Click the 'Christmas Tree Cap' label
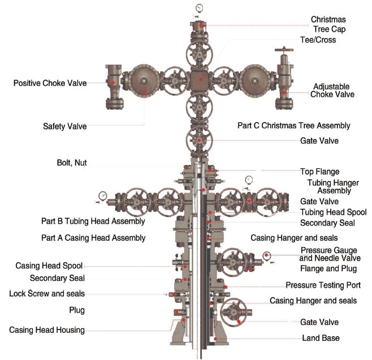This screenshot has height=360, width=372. pos(328,24)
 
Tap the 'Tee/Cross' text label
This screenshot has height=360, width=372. pos(318,40)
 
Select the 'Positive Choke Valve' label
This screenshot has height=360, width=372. pos(50,83)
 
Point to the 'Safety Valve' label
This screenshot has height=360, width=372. pos(65,126)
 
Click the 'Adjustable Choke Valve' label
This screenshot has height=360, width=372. pos(332,90)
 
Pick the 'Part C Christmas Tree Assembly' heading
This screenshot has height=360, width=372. pos(294,125)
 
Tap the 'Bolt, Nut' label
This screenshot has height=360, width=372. pos(72,163)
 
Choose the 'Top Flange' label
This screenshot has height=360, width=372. pos(319,171)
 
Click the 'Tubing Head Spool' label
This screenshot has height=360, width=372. pos(334,212)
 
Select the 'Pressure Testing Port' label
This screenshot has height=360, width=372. pos(323,285)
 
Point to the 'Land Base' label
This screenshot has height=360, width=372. pos(321,338)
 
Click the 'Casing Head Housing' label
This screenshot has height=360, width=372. pos(47,330)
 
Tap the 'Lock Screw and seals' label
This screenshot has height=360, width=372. pos(47,294)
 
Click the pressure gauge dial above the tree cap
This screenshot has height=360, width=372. pos(199,8)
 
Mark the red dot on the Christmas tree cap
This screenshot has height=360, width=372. pos(201,25)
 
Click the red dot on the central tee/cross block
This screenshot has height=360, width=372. pos(201,80)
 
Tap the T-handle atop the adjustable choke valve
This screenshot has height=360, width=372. pos(284,50)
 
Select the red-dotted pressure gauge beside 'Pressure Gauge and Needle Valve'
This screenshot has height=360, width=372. pos(267,255)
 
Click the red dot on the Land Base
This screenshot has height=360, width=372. pos(215,339)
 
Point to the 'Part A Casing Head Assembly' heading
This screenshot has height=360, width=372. pos(93,238)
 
